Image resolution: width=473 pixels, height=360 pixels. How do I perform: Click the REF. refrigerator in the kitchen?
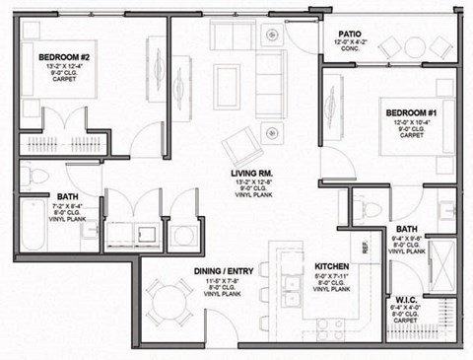[367, 247]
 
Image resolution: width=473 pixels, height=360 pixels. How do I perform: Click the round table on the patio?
[412, 46]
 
